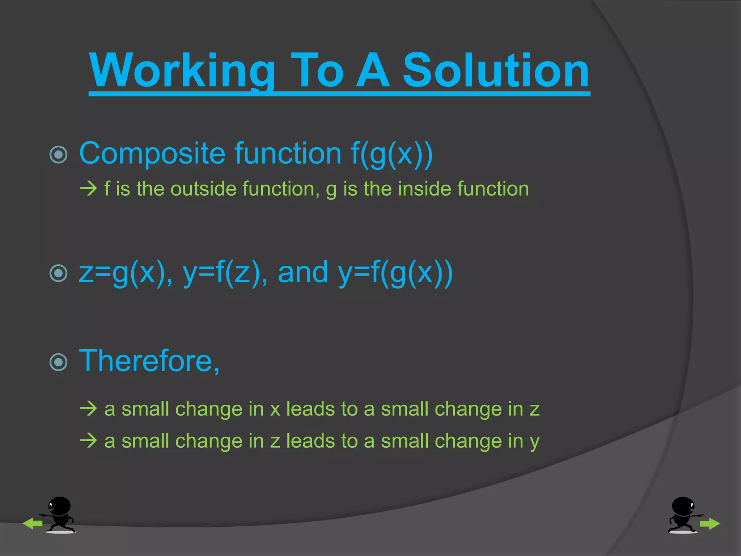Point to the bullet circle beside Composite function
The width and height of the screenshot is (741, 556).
58,155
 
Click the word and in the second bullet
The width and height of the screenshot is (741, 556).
303,273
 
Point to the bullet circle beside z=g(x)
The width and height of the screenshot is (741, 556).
58,273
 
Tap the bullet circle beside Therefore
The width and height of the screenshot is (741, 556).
58,362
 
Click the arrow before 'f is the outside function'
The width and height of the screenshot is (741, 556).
89,189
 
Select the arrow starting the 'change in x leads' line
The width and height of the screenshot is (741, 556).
89,409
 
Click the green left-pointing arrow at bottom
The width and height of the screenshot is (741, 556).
32,523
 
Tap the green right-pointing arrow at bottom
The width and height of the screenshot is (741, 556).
710,523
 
